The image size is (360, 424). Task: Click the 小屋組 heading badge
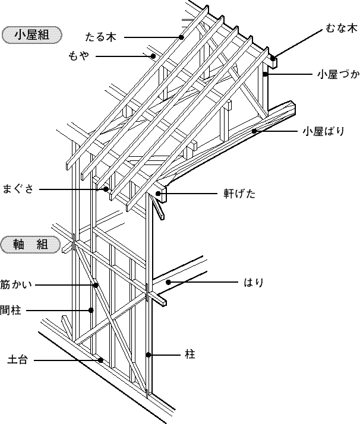33,34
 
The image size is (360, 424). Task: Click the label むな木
342,28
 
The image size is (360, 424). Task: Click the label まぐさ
21,189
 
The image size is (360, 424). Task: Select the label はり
254,282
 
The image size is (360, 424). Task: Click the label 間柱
11,310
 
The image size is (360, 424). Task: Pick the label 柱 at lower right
190,355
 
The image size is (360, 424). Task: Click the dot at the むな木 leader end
273,59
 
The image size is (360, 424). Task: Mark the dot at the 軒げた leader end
159,193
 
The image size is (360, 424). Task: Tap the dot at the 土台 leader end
102,359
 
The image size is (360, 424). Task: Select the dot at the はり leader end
168,282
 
